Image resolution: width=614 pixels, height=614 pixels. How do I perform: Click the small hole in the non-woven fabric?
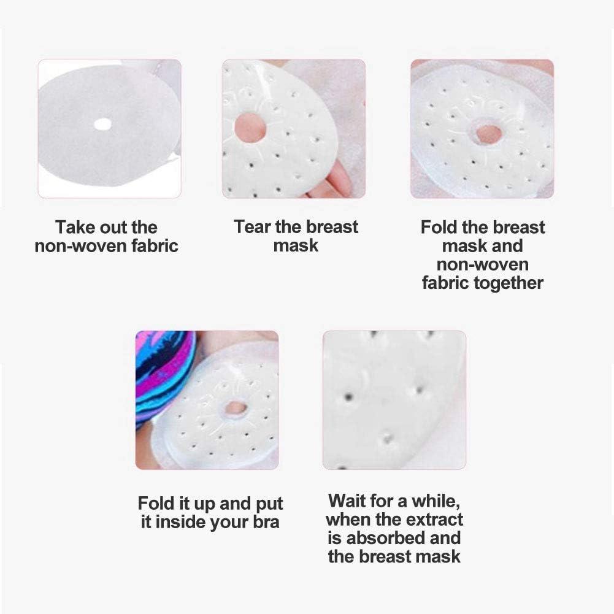click(102, 124)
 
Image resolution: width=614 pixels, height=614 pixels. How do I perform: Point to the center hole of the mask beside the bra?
click(235, 407)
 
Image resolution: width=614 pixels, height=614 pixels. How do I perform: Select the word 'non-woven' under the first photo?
click(81, 247)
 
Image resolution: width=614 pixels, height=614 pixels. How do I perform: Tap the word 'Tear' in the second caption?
click(253, 227)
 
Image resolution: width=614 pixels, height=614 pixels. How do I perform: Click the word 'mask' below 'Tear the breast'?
click(296, 246)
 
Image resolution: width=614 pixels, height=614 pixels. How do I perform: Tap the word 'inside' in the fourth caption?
click(182, 523)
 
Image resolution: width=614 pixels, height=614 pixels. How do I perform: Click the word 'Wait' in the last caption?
click(348, 501)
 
